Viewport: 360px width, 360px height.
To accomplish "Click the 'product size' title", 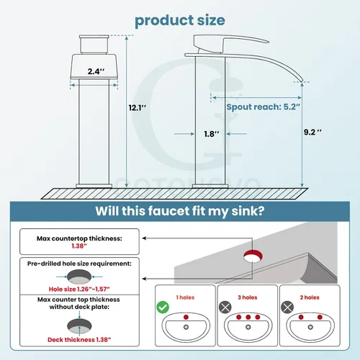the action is (x=180, y=21).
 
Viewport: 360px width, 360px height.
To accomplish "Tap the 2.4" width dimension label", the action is (x=96, y=71).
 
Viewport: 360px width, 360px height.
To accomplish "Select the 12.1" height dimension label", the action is (x=138, y=108).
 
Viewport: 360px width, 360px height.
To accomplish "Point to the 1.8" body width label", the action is (x=212, y=134).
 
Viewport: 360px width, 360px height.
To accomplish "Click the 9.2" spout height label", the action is (x=312, y=132).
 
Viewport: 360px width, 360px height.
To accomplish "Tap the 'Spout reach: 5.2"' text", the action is (x=264, y=107).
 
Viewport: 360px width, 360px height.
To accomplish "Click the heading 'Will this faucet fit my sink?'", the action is (x=180, y=211).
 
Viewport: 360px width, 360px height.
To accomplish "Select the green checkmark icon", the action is (x=163, y=307).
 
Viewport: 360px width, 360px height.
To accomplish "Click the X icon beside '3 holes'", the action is (x=225, y=307).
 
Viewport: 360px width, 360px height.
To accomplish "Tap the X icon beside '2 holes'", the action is (x=287, y=307).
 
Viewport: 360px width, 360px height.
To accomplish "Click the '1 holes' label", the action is (x=185, y=297).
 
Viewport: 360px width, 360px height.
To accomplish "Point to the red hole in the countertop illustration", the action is (x=253, y=256).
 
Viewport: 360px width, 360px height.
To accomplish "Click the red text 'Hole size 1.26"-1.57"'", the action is (x=79, y=289).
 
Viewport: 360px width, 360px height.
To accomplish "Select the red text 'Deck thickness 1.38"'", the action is (x=79, y=340).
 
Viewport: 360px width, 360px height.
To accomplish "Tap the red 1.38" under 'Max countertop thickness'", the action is (x=79, y=246).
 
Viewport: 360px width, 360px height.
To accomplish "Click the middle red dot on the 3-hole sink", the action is (x=248, y=317).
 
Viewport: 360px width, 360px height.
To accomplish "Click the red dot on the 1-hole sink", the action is (x=186, y=317).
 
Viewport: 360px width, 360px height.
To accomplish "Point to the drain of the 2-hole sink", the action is (x=310, y=327).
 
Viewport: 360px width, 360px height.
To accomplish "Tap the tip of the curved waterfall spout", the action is (x=302, y=81).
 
